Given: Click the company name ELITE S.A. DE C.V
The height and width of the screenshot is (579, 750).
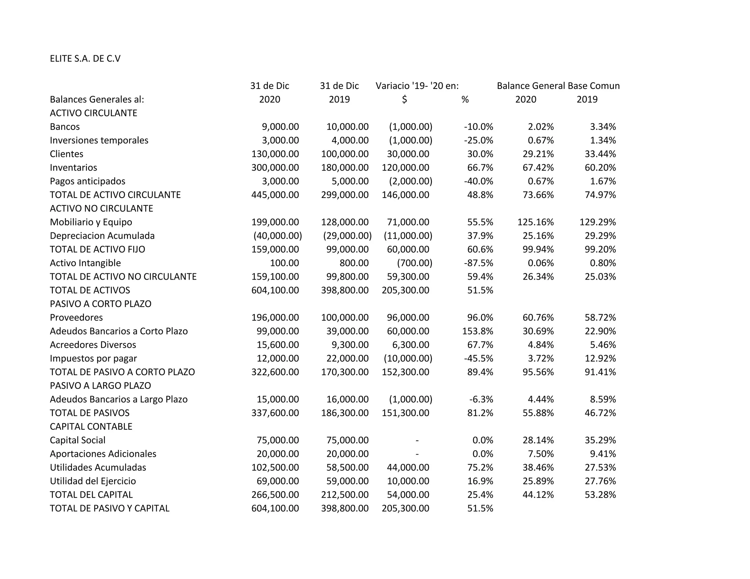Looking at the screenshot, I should pos(85,59).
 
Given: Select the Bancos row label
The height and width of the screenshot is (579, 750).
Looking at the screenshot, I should pos(65,127).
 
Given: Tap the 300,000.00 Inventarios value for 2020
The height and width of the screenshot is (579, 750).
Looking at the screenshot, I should pos(275,168).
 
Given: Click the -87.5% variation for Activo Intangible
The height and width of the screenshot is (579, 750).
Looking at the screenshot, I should pos(478,263).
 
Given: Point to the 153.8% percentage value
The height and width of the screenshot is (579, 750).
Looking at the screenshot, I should pos(478,331).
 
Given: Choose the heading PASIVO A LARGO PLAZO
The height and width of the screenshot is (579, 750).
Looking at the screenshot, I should pos(100,386).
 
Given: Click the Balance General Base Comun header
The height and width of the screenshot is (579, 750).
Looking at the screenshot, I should pos(558,86).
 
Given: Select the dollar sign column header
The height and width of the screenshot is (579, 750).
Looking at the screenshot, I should pos(404,100).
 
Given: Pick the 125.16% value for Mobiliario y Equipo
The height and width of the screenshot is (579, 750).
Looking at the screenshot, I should pos(535,222).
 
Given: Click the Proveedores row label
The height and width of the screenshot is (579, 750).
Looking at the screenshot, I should pos(76,318).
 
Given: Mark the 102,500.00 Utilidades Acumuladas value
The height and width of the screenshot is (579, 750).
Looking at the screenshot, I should pos(275,467).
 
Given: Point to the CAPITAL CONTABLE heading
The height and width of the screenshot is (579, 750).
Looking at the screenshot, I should pos(91,427).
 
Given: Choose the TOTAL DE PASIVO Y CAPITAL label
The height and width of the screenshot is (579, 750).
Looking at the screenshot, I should pos(109,508).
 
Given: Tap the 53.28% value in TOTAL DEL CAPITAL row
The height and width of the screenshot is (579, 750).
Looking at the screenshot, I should pos(600,495).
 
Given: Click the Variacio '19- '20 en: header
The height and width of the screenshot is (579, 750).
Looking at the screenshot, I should pos(417,86).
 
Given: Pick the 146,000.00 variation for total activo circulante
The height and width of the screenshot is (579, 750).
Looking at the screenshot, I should pos(405,195).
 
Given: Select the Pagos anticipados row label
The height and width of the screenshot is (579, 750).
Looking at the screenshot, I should pos(88,181).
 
